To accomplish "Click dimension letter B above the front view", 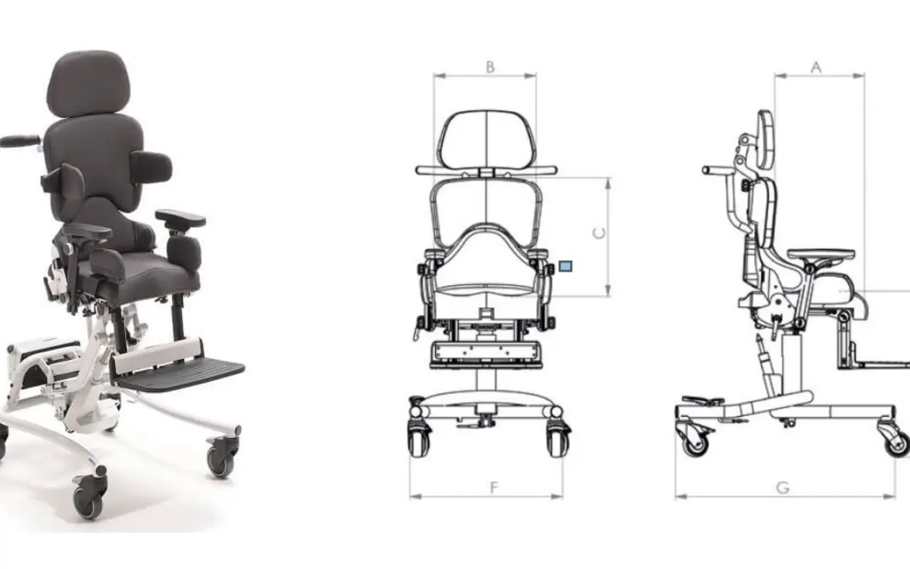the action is (x=491, y=67).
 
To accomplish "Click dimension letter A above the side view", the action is (x=816, y=67).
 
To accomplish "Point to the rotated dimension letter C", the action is (x=599, y=233).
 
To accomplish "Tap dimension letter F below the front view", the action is (x=494, y=487).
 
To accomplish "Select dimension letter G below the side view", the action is (x=783, y=487).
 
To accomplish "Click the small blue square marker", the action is (x=565, y=266).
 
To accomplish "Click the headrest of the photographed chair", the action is (x=88, y=83).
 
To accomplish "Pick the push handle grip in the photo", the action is (x=19, y=141).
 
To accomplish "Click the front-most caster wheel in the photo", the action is (x=90, y=494).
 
